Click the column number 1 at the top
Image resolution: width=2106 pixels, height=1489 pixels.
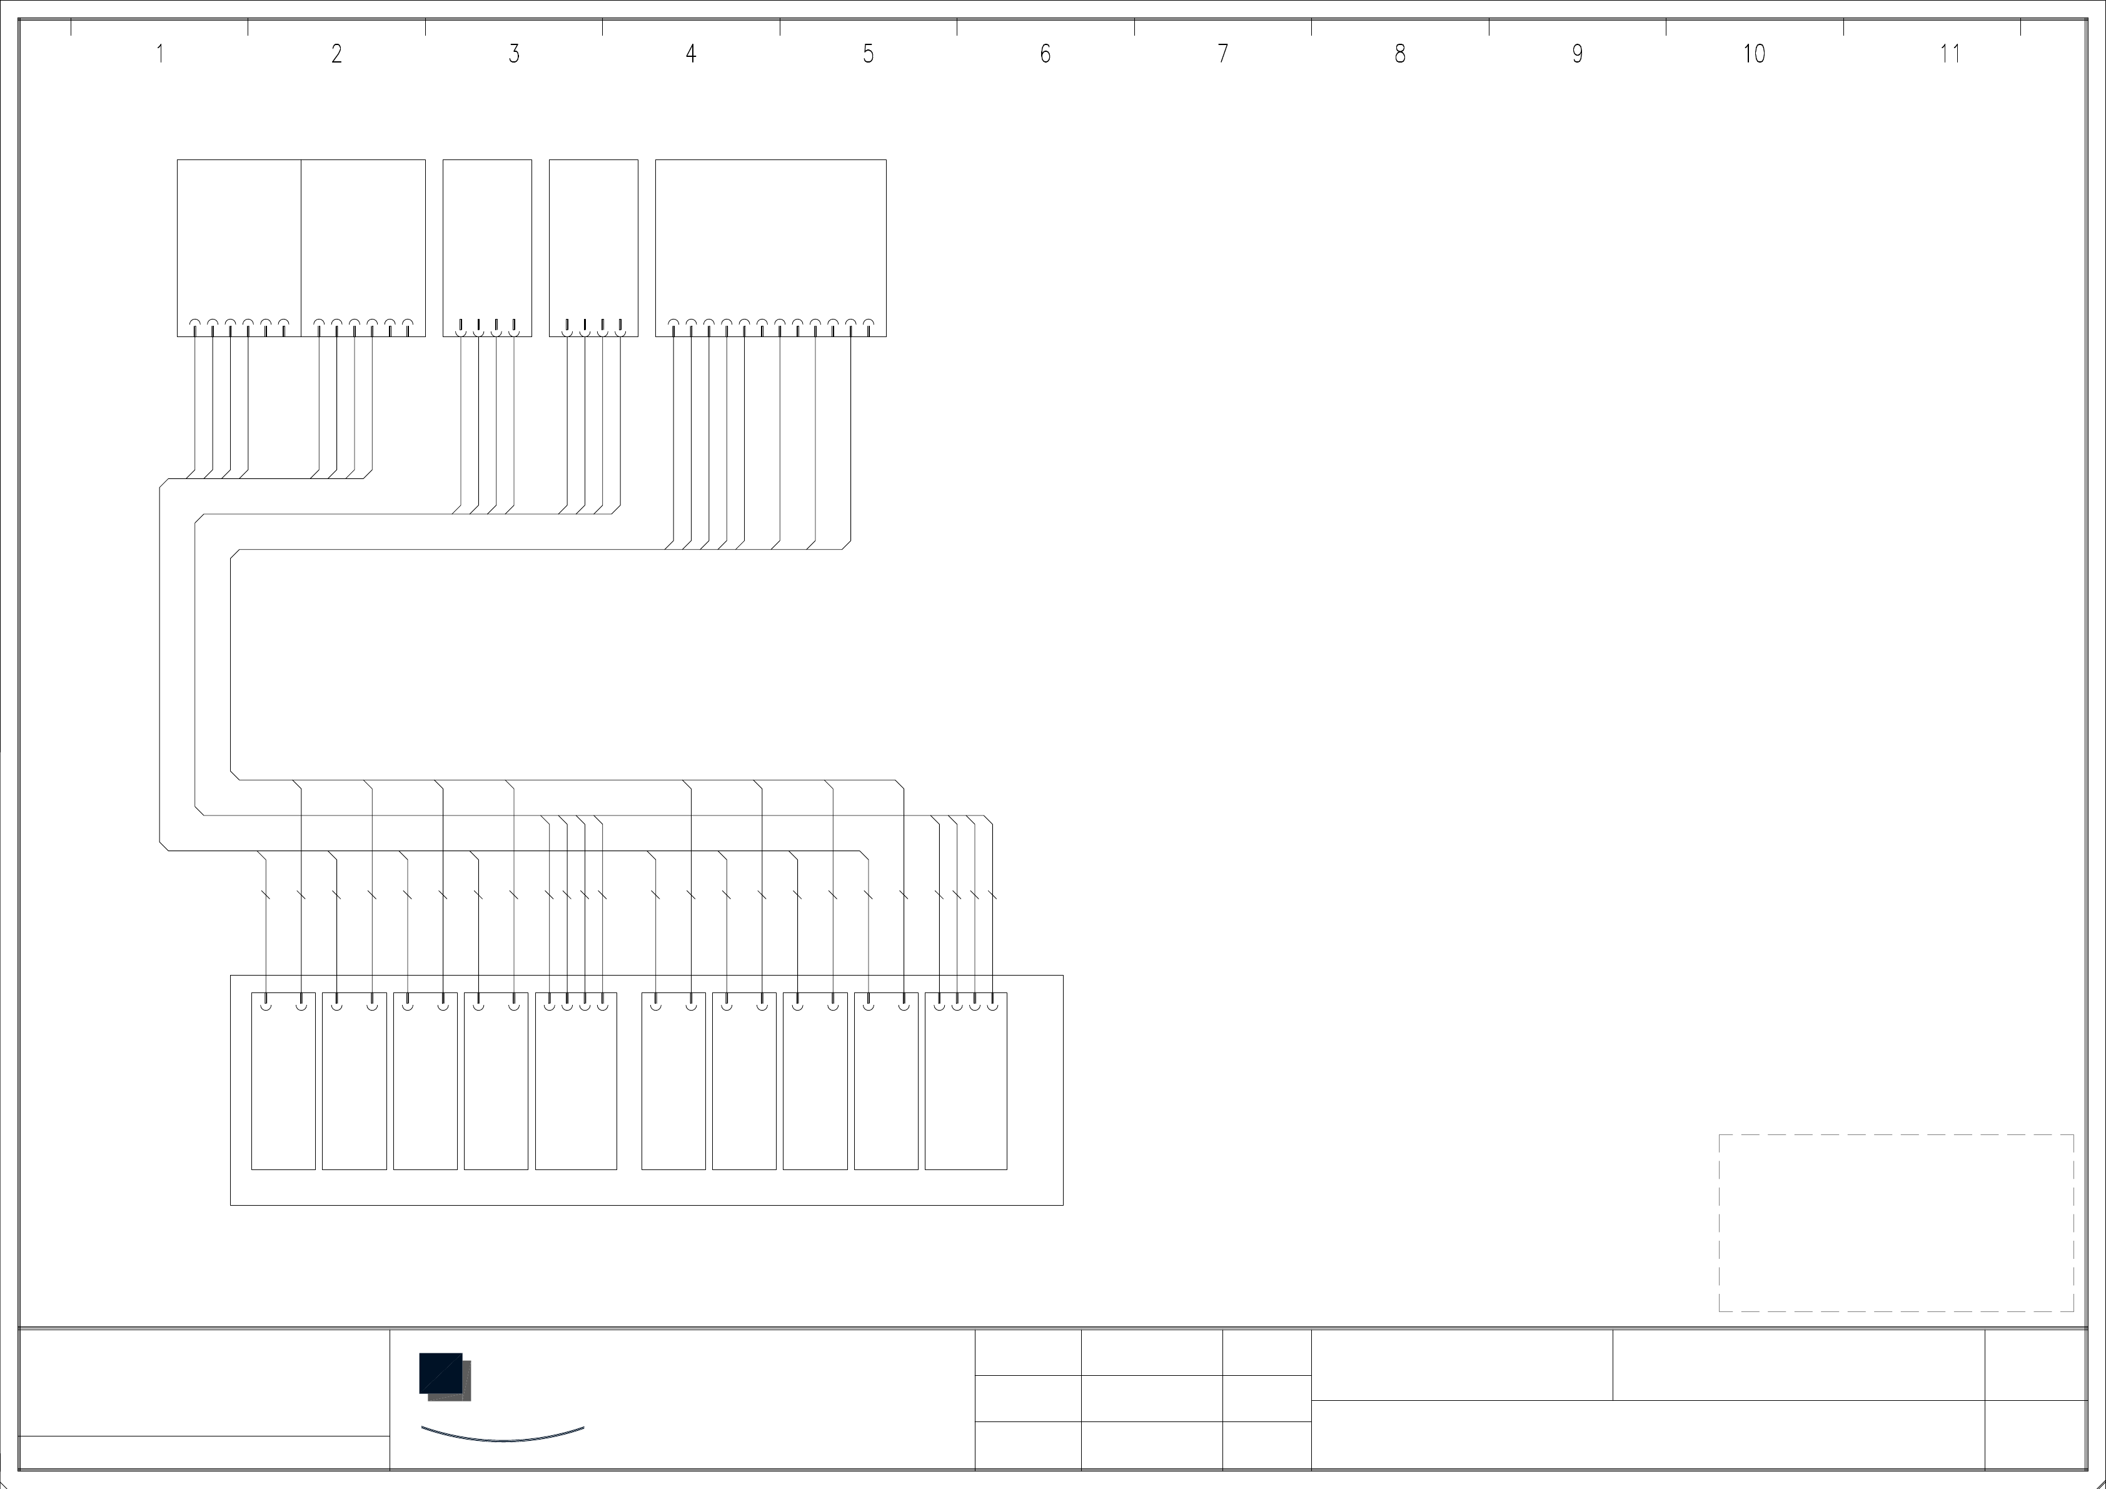pos(159,54)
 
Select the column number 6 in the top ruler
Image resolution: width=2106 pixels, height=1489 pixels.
pos(1045,54)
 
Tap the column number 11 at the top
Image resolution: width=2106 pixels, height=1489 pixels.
pos(1950,54)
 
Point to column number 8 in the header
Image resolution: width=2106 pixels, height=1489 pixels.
pos(1399,54)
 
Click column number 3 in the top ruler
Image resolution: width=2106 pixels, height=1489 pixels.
pos(513,54)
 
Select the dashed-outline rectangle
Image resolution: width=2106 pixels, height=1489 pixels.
pos(1895,1223)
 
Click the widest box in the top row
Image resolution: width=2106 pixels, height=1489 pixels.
pos(770,238)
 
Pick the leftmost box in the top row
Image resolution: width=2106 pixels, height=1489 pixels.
pos(238,238)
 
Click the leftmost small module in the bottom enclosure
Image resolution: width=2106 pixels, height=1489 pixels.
pos(283,1083)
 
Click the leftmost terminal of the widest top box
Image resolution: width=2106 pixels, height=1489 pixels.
pos(673,324)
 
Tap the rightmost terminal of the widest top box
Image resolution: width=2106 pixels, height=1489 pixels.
pos(869,324)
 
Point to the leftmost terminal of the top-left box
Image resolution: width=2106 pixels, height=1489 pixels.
pos(194,324)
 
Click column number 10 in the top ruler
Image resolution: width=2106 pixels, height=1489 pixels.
pos(1754,54)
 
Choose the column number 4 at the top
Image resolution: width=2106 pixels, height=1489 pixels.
pos(691,54)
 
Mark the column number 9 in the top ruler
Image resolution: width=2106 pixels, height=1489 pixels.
pos(1577,54)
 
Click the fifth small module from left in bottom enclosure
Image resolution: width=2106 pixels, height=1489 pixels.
pos(576,1083)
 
